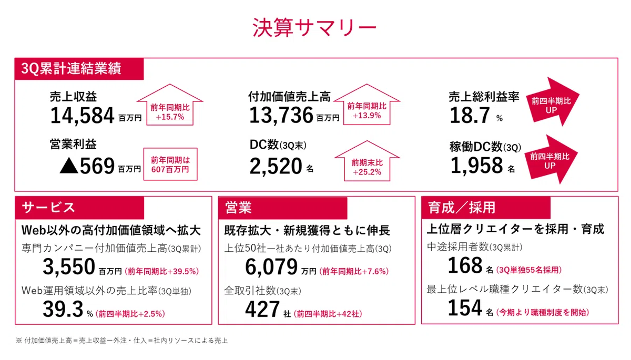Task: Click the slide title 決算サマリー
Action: click(x=314, y=27)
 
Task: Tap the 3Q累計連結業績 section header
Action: click(x=71, y=68)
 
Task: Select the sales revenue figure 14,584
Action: click(x=82, y=116)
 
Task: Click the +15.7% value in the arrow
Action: click(x=170, y=117)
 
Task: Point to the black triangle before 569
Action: click(x=69, y=165)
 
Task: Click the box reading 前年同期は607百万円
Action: click(x=170, y=164)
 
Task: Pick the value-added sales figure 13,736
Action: click(x=281, y=115)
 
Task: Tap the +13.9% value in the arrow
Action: click(x=367, y=116)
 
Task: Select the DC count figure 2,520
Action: click(x=276, y=166)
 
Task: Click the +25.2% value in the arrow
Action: click(x=367, y=172)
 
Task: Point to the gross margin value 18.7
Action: click(x=470, y=116)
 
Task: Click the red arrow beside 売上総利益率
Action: click(x=553, y=102)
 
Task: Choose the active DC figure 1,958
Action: click(x=476, y=166)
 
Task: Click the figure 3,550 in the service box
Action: click(x=69, y=266)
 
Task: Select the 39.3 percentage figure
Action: click(x=63, y=309)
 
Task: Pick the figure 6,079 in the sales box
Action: click(x=271, y=266)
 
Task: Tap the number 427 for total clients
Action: click(x=262, y=309)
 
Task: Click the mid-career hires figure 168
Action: click(x=465, y=265)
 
